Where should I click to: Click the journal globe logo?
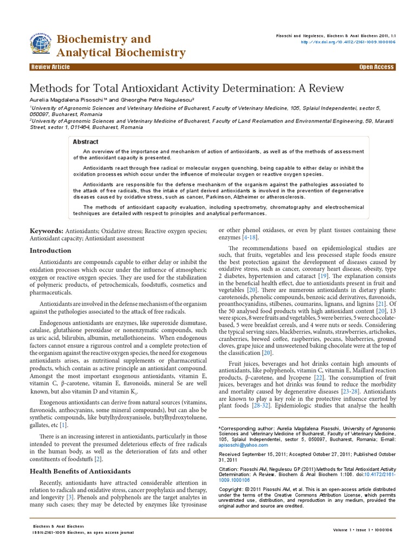[41, 43]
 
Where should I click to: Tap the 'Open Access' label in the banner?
[376, 67]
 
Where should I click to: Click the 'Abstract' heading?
[86, 142]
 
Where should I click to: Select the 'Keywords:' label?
[47, 231]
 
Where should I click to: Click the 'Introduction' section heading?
[50, 250]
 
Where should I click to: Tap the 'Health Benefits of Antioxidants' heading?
[80, 471]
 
